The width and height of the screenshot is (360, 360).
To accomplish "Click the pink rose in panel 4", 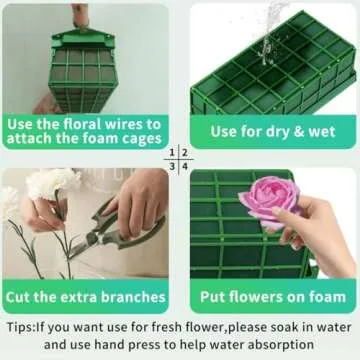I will [269, 198].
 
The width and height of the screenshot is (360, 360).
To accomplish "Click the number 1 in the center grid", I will [172, 153].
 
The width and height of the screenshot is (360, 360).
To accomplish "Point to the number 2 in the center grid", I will [185, 153].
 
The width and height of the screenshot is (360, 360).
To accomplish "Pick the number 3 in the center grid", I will [172, 167].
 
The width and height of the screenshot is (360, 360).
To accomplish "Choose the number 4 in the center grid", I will [185, 167].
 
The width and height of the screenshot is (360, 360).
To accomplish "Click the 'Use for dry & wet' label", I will [267, 131].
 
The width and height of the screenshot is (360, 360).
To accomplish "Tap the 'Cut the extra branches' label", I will [85, 297].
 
